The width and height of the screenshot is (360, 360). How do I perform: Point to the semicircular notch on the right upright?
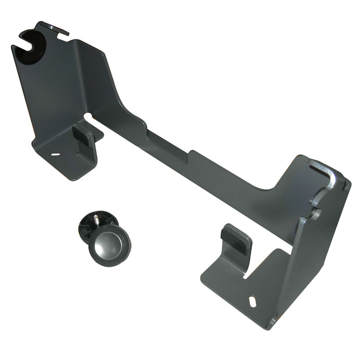tap(315, 211)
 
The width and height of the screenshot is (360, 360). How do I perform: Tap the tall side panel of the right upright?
tap(319, 247)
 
